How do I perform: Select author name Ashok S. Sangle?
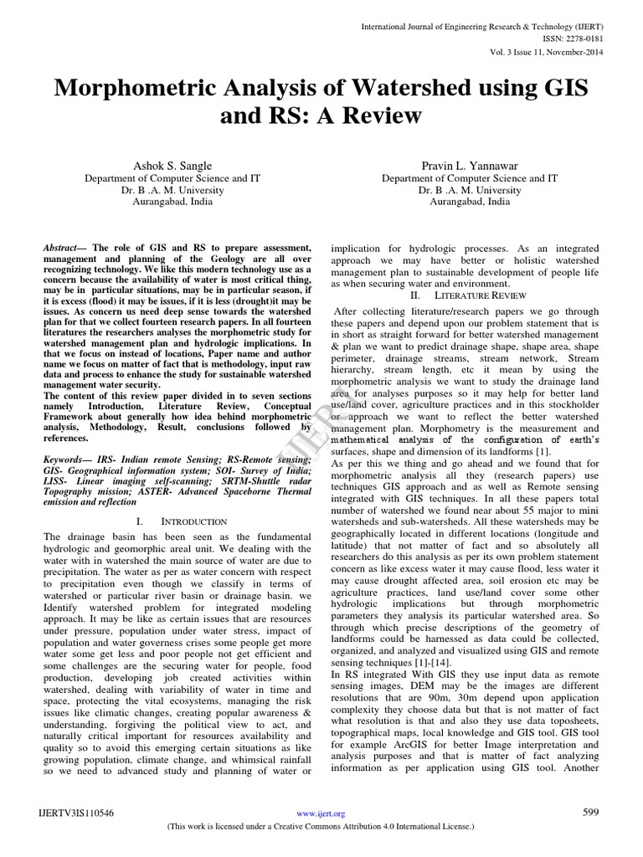174,166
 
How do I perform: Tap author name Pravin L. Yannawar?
470,166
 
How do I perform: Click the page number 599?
591,812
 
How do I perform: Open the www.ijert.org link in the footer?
321,813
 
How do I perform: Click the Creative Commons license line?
321,825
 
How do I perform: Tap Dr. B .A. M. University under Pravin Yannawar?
470,190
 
